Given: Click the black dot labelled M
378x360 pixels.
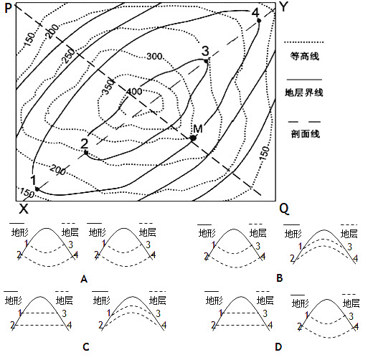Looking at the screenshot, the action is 193,138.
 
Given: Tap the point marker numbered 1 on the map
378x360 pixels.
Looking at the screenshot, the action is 37,189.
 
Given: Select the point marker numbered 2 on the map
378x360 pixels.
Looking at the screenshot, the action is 86,152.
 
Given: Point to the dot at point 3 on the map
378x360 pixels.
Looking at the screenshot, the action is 206,61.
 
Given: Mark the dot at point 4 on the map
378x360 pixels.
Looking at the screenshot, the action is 259,21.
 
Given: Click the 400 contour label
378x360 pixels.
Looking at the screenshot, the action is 134,92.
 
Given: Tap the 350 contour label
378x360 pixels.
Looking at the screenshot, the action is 108,87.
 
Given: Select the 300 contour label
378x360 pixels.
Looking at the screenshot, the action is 154,57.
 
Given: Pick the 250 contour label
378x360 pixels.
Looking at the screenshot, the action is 69,56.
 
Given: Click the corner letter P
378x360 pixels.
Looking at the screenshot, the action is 8,8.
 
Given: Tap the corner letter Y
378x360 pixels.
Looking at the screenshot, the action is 284,7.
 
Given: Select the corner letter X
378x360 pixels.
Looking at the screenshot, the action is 24,209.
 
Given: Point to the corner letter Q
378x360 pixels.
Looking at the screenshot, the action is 284,209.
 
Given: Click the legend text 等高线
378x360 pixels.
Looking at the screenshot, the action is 304,57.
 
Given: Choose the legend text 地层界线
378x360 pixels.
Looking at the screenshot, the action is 304,93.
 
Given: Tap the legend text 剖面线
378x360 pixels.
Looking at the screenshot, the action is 305,133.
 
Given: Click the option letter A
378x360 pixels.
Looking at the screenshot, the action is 84,279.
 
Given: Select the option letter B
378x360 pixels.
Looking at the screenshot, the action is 280,278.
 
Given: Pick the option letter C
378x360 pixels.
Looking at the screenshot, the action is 86,347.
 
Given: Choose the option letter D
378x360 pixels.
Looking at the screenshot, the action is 278,347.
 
